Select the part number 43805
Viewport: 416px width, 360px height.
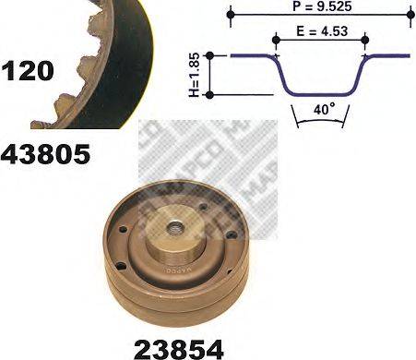45,153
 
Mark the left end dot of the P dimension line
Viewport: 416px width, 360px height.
232,15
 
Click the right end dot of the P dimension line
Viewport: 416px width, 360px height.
409,15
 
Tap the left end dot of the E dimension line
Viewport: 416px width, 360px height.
276,39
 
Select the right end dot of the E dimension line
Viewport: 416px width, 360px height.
365,39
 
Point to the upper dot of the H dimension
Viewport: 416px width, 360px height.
209,56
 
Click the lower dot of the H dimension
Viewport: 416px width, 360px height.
209,93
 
